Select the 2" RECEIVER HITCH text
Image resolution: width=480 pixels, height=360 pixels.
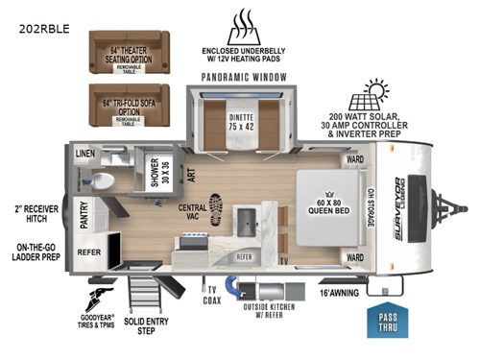32,213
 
